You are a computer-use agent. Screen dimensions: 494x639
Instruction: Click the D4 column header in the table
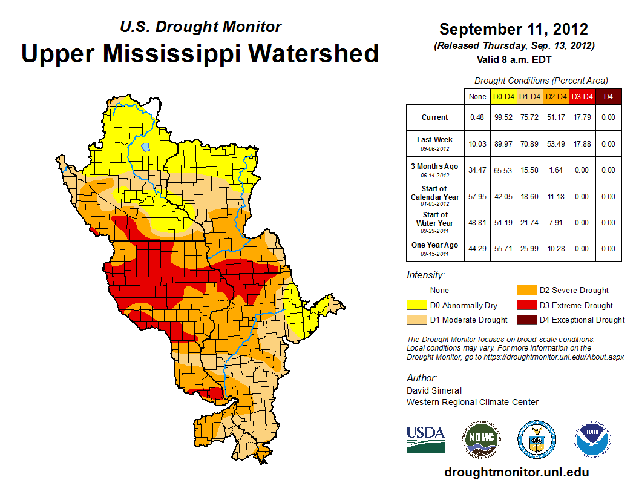[x=609, y=96]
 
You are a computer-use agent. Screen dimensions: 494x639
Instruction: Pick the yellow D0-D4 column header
[x=503, y=96]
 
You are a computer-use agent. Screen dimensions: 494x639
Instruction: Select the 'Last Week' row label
[x=435, y=143]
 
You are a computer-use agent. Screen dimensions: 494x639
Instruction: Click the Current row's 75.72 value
[x=530, y=117]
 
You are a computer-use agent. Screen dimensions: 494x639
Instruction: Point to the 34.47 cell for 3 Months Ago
[x=477, y=170]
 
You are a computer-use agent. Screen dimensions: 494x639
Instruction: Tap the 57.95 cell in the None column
[x=477, y=196]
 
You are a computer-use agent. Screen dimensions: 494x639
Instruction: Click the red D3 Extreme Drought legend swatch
[x=526, y=305]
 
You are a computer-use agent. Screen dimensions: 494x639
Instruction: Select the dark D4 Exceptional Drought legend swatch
[x=526, y=320]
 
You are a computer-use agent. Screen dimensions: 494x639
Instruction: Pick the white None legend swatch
[x=416, y=291]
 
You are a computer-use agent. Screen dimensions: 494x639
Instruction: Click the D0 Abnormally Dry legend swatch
[x=416, y=305]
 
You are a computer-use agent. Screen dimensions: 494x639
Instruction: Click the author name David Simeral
[x=434, y=390]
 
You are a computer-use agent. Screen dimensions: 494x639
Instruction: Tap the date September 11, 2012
[x=514, y=29]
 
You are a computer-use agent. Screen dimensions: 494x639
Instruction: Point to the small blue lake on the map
[x=146, y=147]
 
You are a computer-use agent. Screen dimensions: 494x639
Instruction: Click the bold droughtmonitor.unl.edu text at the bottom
[x=516, y=472]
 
